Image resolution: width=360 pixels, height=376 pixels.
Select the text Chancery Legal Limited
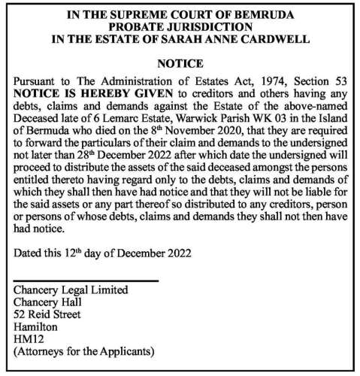click(72, 290)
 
